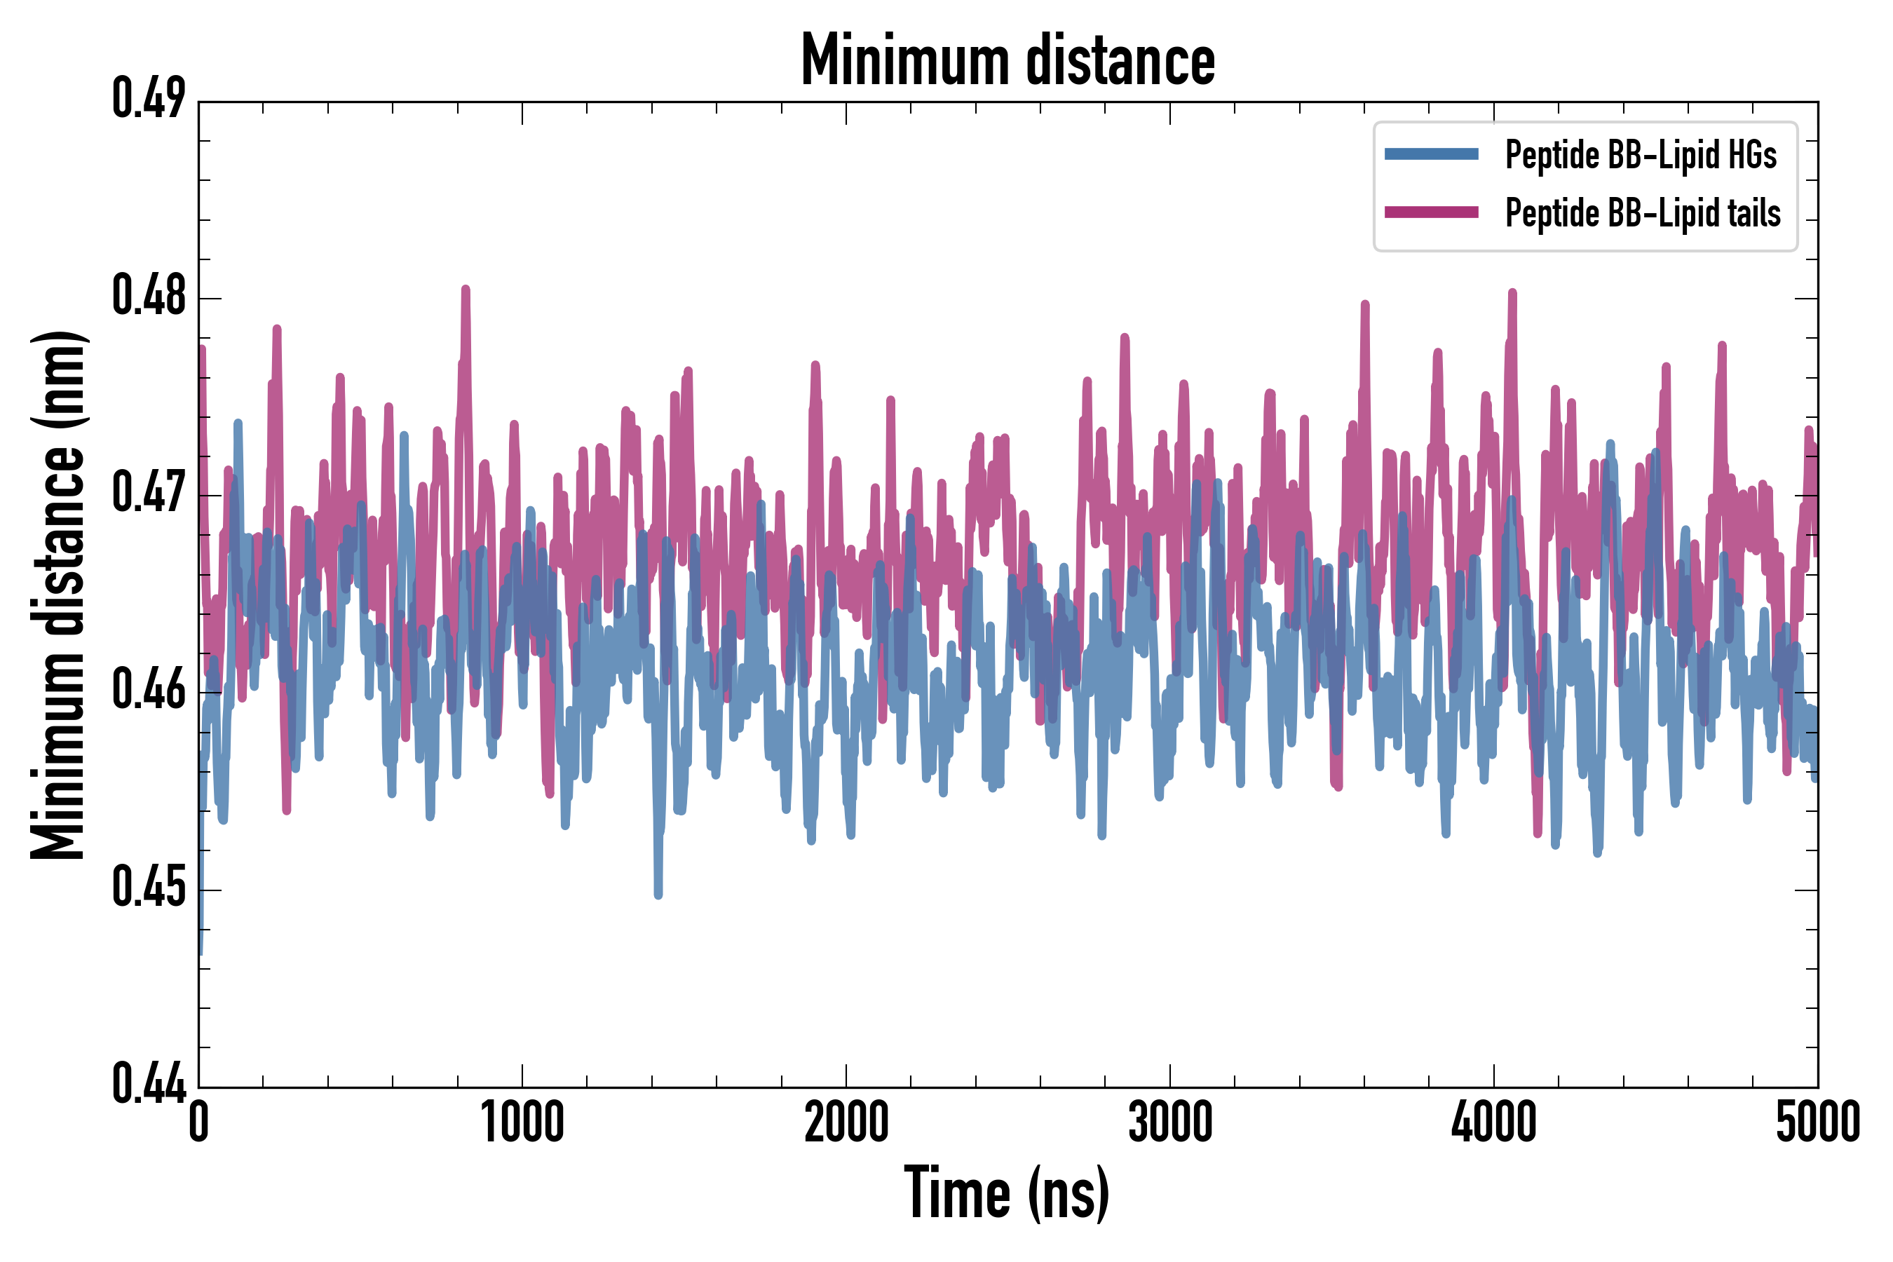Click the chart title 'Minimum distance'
[1007, 60]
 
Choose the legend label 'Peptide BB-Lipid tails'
[1643, 213]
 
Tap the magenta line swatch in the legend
[1431, 212]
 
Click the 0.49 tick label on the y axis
[149, 99]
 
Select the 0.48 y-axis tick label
[149, 295]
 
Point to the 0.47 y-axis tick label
[149, 493]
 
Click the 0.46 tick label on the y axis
[149, 690]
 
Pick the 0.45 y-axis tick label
[149, 887]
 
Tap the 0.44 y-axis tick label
[149, 1084]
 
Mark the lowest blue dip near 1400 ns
[658, 893]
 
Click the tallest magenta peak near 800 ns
[466, 290]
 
